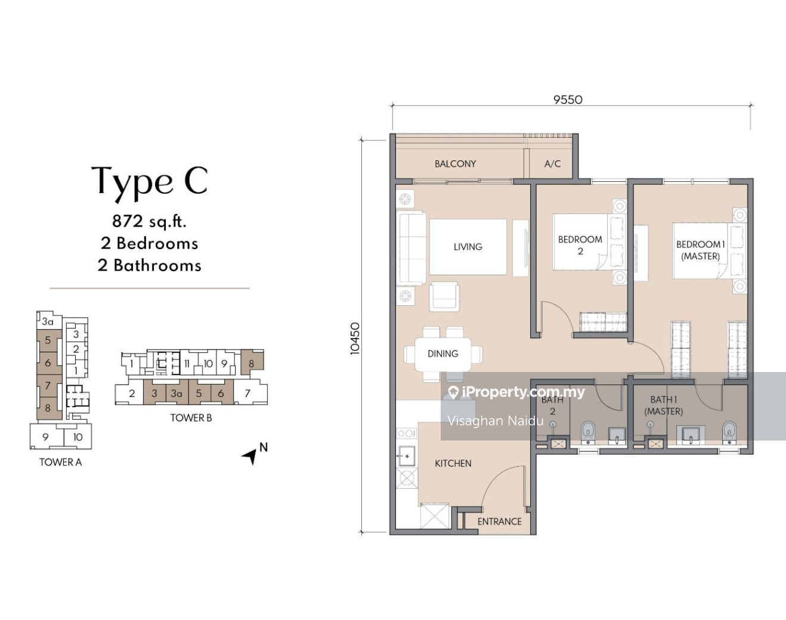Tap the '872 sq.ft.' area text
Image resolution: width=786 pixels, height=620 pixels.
pyautogui.click(x=149, y=221)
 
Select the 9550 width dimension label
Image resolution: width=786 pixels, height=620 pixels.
pyautogui.click(x=568, y=100)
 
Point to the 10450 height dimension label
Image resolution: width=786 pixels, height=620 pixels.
pyautogui.click(x=355, y=339)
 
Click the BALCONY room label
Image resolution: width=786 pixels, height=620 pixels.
pyautogui.click(x=455, y=164)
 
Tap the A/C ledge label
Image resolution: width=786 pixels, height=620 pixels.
pyautogui.click(x=552, y=164)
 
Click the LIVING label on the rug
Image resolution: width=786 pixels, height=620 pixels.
pyautogui.click(x=468, y=247)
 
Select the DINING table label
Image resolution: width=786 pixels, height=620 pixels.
pyautogui.click(x=442, y=354)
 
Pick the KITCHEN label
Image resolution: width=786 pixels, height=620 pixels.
pyautogui.click(x=453, y=463)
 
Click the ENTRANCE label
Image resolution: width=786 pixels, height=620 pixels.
pyautogui.click(x=499, y=522)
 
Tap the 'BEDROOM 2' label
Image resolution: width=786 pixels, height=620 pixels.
pyautogui.click(x=580, y=246)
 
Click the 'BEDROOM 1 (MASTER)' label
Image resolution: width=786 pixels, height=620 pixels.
pyautogui.click(x=700, y=250)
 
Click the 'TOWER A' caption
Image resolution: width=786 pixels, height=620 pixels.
pyautogui.click(x=61, y=462)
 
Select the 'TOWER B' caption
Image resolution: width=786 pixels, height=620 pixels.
pyautogui.click(x=191, y=418)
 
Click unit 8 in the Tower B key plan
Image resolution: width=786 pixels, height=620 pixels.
pyautogui.click(x=251, y=363)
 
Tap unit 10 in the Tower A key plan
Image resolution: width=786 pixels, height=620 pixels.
pyautogui.click(x=78, y=437)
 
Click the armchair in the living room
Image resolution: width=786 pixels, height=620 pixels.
pyautogui.click(x=444, y=296)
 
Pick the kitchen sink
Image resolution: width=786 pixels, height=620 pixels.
pyautogui.click(x=406, y=456)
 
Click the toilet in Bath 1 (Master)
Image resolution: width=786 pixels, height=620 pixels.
pyautogui.click(x=729, y=432)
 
